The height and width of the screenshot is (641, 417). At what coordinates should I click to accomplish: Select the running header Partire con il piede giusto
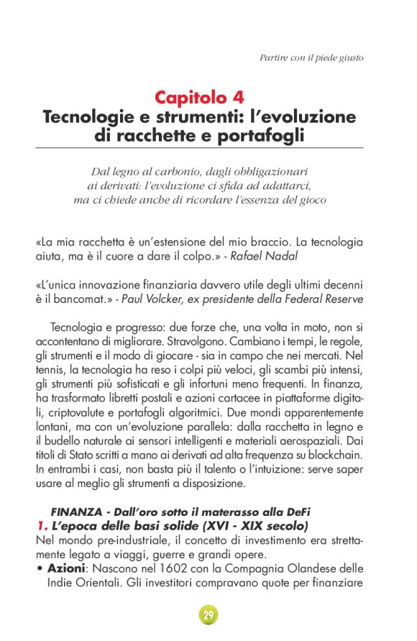click(x=311, y=57)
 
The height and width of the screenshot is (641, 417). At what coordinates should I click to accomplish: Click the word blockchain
click(x=335, y=455)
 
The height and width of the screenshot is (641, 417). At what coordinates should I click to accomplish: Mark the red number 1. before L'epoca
click(x=41, y=526)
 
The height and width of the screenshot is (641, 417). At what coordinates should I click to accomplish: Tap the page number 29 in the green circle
click(x=208, y=616)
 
